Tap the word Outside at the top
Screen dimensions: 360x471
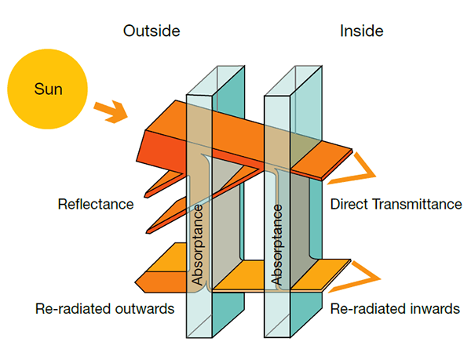(x=152, y=31)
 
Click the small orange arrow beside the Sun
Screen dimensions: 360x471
(x=110, y=112)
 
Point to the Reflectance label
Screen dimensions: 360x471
(x=95, y=205)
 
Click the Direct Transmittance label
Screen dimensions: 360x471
(x=396, y=205)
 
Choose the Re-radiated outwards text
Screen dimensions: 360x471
(x=104, y=308)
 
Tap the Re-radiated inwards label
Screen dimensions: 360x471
(x=395, y=308)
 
